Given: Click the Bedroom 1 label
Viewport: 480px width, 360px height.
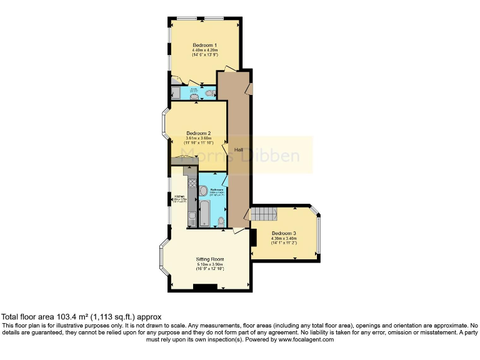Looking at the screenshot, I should click(x=204, y=45).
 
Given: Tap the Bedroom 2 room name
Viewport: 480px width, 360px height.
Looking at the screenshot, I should click(x=198, y=133).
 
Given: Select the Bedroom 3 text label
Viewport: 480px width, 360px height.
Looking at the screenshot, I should click(x=283, y=233).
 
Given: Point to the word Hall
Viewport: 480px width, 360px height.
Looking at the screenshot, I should click(x=238, y=150).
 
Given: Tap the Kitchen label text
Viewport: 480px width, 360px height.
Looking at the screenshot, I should click(x=179, y=196).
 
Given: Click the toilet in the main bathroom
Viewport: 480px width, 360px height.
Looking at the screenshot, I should click(x=222, y=221).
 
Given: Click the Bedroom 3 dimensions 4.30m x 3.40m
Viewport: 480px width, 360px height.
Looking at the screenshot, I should click(x=283, y=238).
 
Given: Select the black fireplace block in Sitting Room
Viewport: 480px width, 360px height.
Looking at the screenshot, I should click(x=204, y=287).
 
